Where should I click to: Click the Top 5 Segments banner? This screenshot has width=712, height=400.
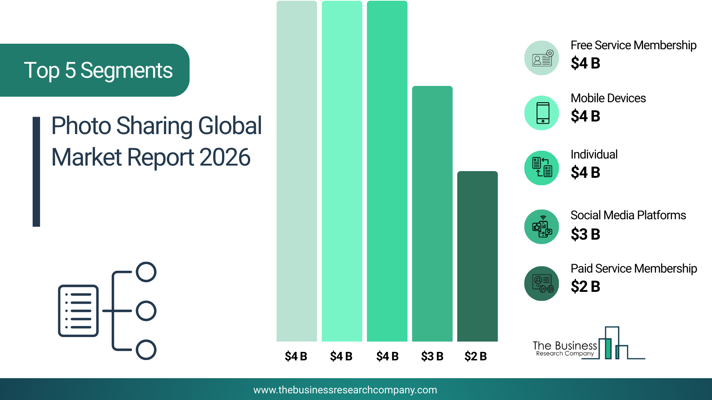click(95, 70)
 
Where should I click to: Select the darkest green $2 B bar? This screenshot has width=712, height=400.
click(477, 256)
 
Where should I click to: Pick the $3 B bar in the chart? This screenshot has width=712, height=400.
click(432, 214)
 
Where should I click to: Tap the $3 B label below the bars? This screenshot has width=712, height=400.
click(432, 356)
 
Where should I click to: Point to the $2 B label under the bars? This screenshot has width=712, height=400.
click(475, 356)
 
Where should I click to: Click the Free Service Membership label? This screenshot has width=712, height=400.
click(633, 45)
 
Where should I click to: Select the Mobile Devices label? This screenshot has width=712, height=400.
click(608, 98)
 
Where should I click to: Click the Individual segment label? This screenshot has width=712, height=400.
click(594, 154)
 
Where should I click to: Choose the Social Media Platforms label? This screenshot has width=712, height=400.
click(628, 215)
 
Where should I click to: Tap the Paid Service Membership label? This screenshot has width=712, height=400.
click(634, 269)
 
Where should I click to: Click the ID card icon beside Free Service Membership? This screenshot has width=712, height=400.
click(542, 58)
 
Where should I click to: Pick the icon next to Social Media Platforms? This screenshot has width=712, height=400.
click(542, 227)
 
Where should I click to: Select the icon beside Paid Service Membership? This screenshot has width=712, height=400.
click(542, 284)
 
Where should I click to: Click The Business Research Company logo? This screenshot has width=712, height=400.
click(589, 343)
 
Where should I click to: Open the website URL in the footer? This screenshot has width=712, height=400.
click(345, 390)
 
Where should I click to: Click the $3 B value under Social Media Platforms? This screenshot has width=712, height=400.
click(585, 234)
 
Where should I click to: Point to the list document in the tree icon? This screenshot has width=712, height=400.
click(78, 311)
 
